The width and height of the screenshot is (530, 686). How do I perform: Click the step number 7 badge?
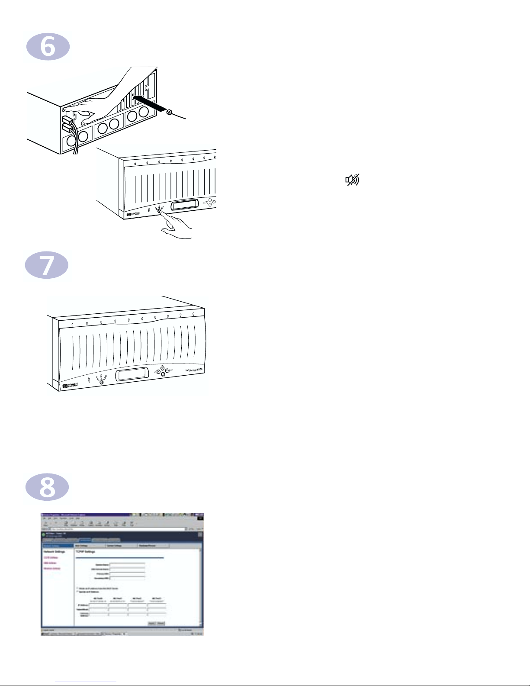[x=47, y=265]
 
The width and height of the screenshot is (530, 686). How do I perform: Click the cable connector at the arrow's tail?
[x=169, y=113]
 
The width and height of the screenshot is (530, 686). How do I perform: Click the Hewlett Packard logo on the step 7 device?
[x=70, y=385]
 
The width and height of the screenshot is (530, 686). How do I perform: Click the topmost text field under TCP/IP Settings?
[x=127, y=565]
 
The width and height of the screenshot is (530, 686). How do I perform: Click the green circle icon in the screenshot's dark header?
[x=43, y=535]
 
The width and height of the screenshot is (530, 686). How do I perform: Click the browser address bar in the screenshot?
[x=117, y=529]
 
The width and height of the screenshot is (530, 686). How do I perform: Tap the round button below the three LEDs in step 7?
[x=102, y=382]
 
